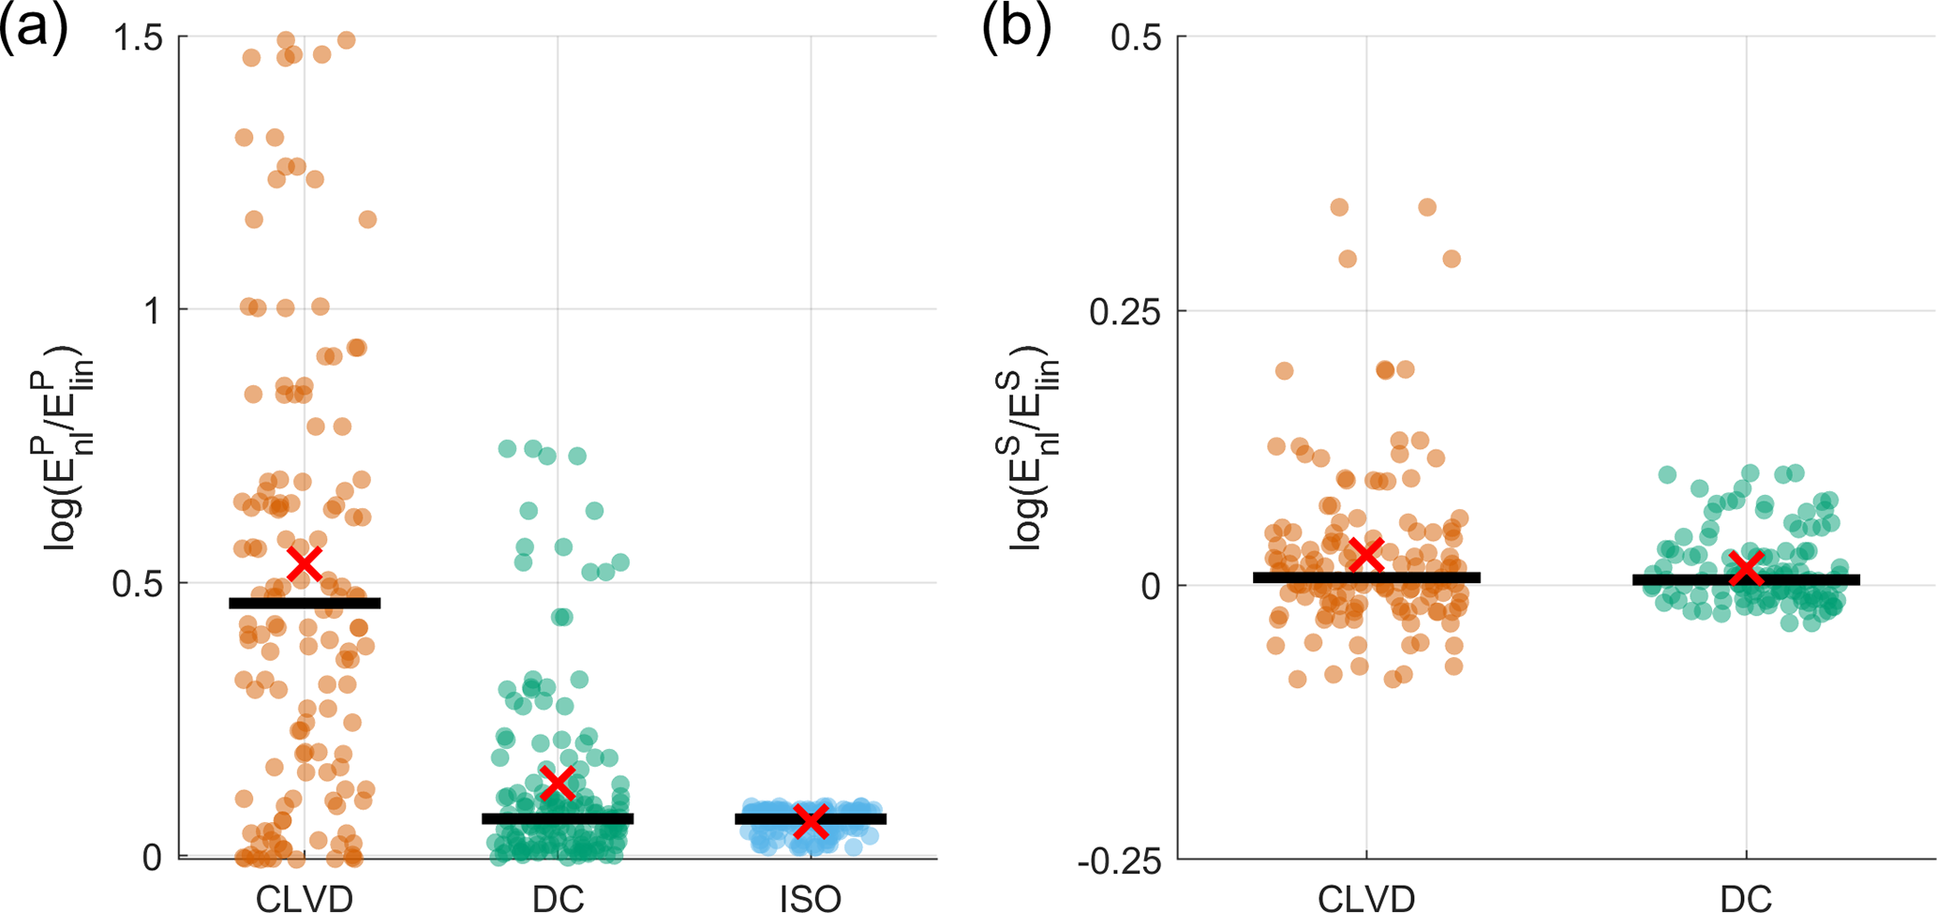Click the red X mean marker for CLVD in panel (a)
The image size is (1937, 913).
(x=305, y=563)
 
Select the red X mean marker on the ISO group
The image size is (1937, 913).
(x=811, y=821)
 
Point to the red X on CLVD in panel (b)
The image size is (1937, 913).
(x=1367, y=555)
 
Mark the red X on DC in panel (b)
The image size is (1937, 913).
(x=1747, y=567)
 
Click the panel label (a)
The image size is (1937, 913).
(x=35, y=28)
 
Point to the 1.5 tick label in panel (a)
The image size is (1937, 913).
(x=137, y=37)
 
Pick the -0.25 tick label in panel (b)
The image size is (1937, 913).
(x=1119, y=861)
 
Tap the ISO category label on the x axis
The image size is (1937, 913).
(x=811, y=898)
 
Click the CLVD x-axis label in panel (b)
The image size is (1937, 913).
(x=1366, y=898)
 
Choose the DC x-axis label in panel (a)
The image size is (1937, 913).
(x=559, y=898)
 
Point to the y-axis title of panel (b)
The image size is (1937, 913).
(x=1035, y=448)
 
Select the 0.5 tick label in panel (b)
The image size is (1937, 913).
(x=1136, y=37)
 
